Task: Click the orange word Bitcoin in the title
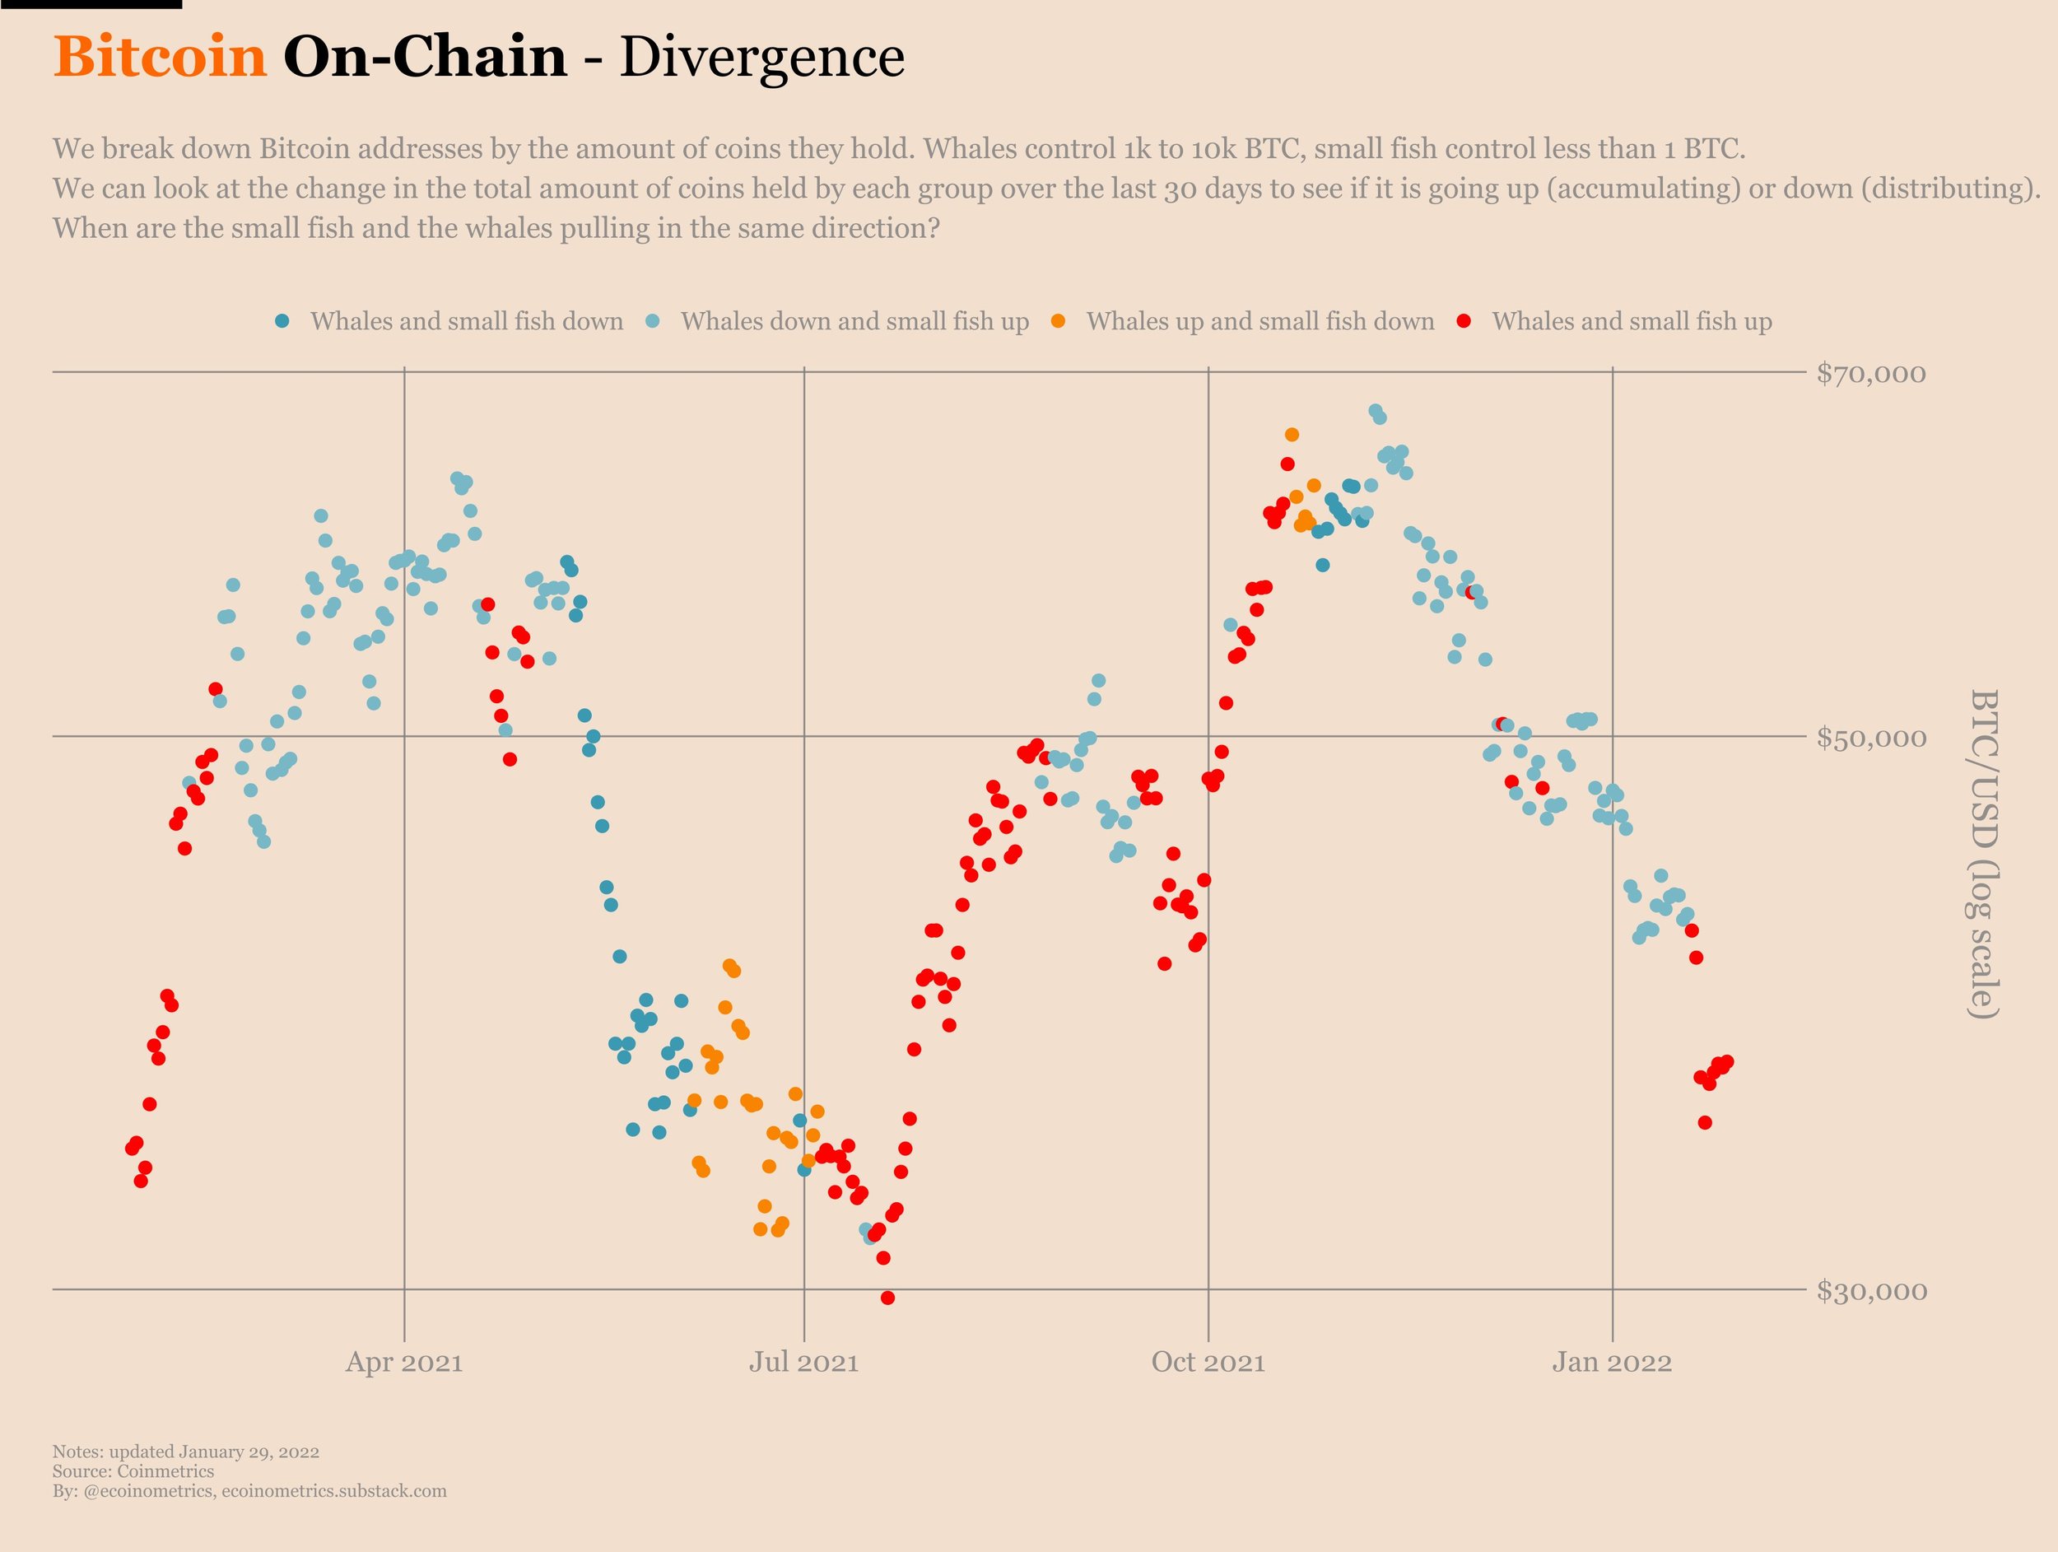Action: point(160,58)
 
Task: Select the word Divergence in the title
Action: point(761,58)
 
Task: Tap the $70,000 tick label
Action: point(1871,374)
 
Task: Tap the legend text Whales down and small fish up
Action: point(854,322)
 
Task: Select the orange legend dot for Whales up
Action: point(1058,321)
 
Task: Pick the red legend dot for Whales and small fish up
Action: point(1464,321)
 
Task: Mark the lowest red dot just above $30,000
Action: point(887,1298)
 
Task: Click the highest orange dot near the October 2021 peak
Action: point(1292,435)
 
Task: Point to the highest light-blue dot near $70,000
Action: point(1375,410)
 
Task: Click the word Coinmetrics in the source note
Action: point(165,1471)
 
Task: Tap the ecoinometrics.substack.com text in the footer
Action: point(334,1490)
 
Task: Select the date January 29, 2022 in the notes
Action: point(249,1452)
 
